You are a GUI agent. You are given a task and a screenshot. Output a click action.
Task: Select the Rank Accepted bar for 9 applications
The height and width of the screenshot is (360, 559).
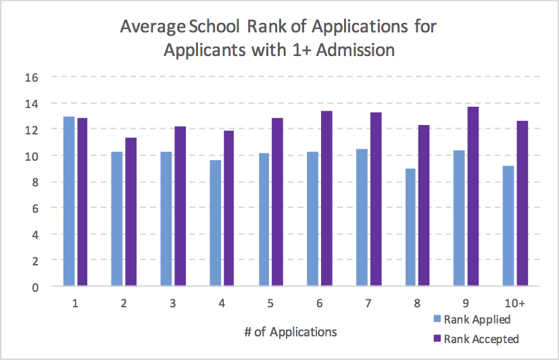click(472, 197)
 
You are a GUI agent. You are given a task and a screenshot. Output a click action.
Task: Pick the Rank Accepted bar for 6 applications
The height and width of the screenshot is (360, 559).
click(326, 199)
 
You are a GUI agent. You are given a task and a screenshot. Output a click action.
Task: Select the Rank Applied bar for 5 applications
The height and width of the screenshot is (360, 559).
click(264, 220)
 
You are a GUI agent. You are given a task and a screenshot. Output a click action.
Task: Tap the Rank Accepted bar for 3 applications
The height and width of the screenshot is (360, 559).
click(180, 206)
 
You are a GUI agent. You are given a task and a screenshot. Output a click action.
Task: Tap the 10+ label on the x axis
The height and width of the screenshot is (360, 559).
click(514, 304)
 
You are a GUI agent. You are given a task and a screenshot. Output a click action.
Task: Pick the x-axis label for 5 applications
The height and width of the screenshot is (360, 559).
click(270, 304)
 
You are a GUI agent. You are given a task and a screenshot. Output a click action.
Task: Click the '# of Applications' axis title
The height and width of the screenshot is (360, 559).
click(291, 332)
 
